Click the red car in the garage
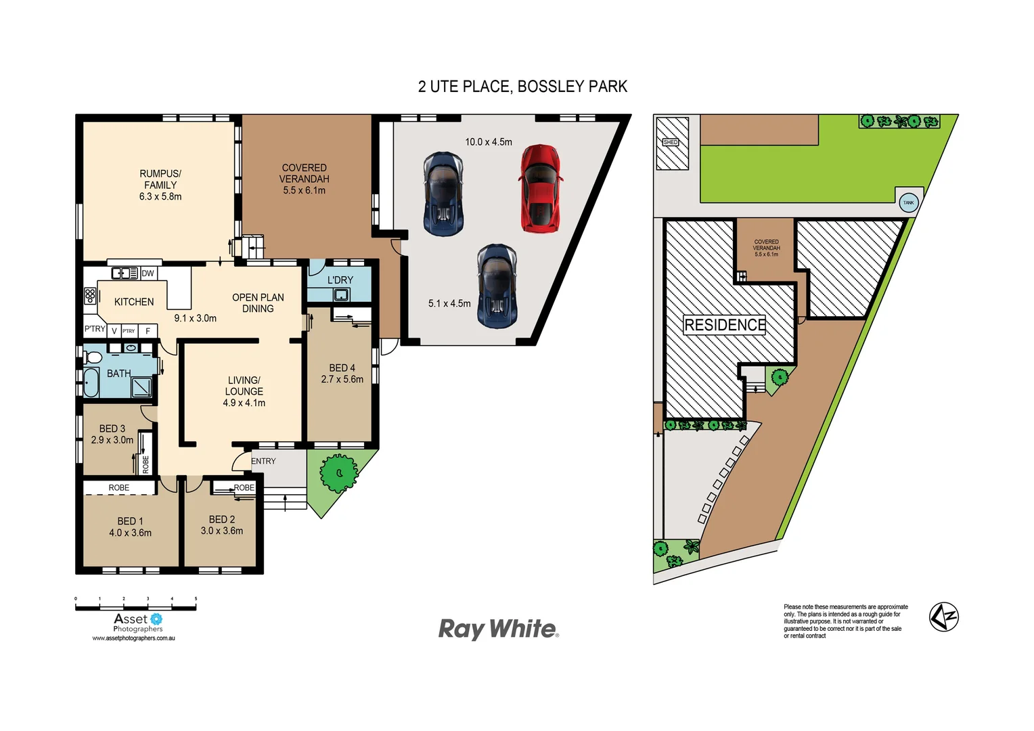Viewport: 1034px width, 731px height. tap(540, 189)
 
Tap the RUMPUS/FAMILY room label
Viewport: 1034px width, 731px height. tap(160, 179)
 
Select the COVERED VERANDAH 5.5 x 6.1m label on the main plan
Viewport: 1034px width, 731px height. tap(304, 179)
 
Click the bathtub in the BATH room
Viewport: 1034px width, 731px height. tap(91, 382)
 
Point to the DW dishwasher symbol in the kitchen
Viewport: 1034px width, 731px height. tap(148, 273)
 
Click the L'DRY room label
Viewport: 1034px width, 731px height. tap(340, 280)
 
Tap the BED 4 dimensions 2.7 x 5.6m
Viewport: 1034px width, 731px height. tap(342, 379)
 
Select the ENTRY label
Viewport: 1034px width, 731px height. tap(263, 461)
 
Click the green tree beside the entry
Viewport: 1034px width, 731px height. tap(338, 473)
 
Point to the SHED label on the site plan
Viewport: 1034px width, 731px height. tap(670, 142)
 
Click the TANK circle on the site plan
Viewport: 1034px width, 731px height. tap(908, 202)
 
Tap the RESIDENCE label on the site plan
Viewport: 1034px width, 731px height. tap(725, 325)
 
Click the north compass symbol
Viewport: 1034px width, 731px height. tap(943, 617)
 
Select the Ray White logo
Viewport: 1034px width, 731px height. tap(499, 629)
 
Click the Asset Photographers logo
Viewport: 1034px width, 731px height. tap(137, 622)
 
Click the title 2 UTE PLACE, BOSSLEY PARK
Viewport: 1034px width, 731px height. tap(522, 87)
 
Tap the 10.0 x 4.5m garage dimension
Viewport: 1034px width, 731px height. tap(488, 142)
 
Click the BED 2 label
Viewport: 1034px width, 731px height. tap(221, 519)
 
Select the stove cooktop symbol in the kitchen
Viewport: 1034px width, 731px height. tap(90, 295)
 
